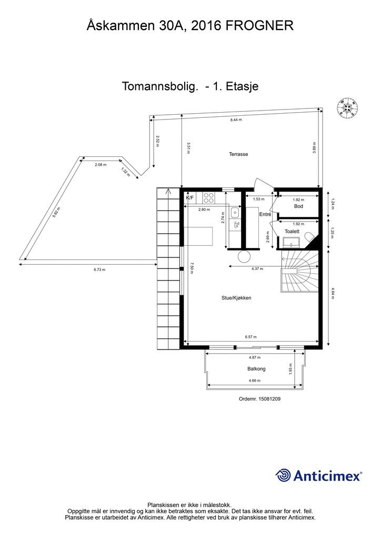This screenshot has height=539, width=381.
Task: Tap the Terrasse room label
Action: click(x=238, y=155)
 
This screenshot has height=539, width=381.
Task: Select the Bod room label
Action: click(x=298, y=206)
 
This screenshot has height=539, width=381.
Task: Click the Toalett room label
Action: click(x=292, y=231)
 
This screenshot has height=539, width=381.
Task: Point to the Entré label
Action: click(x=265, y=215)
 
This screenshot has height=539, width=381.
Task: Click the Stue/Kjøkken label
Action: click(x=236, y=298)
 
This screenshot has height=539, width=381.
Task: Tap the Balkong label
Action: click(x=256, y=369)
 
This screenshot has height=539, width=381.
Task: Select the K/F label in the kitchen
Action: click(x=190, y=198)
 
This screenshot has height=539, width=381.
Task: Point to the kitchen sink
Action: click(x=235, y=213)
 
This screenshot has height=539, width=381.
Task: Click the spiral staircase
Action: click(x=299, y=271)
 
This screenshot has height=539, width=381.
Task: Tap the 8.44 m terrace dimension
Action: click(x=236, y=120)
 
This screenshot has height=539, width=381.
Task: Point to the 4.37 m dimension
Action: click(x=257, y=269)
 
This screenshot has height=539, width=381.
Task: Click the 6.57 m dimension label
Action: click(x=250, y=337)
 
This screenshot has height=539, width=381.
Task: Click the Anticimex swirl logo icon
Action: click(x=283, y=475)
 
